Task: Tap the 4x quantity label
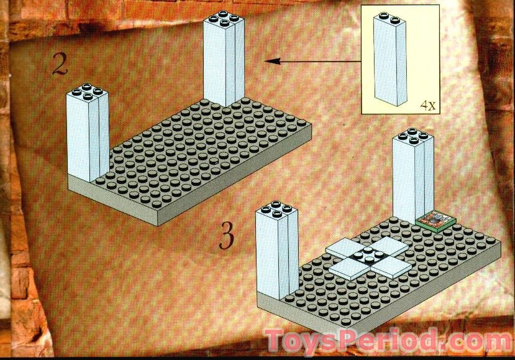(x=427, y=106)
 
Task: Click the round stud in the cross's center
(x=368, y=252)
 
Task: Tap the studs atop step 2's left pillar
(x=87, y=93)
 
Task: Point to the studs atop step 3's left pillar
(x=276, y=209)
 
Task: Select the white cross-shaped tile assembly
(x=368, y=256)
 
